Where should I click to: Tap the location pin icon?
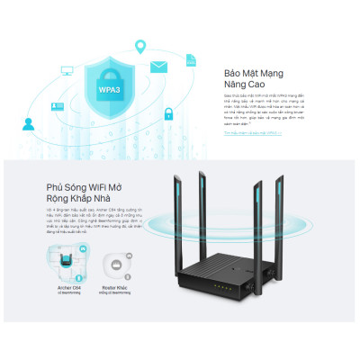(139, 46)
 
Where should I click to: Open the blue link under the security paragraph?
(252, 132)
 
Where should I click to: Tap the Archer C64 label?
(67, 285)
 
